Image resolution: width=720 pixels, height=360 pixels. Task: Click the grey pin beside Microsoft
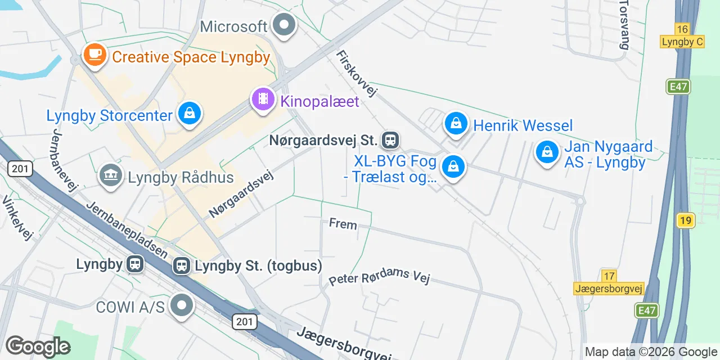[x=284, y=25]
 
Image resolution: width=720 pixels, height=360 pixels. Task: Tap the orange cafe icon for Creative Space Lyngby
[x=95, y=55]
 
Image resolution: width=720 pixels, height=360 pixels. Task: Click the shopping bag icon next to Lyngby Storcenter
[x=190, y=114]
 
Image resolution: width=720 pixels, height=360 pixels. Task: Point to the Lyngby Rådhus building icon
[x=111, y=176]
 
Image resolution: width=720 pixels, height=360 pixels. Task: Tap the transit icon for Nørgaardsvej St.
[x=390, y=139]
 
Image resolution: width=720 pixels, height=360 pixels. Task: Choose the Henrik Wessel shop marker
[x=456, y=124]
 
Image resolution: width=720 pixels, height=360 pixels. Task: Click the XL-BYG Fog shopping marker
[x=453, y=166]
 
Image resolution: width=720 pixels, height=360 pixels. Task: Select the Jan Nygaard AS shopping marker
[x=546, y=151]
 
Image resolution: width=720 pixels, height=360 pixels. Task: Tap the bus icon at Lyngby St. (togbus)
[x=182, y=265]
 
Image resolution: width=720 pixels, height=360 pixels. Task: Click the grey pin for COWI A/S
[x=181, y=305]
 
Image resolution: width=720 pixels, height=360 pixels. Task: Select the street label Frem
[x=343, y=224]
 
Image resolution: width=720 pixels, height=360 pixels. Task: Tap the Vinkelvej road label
[x=17, y=217]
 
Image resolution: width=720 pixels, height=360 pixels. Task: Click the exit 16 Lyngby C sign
[x=682, y=35]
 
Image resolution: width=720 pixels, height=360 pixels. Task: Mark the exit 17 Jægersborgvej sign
[x=609, y=282]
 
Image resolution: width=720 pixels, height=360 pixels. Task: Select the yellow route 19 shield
[x=685, y=220]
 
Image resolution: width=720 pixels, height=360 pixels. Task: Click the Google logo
[x=38, y=346]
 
